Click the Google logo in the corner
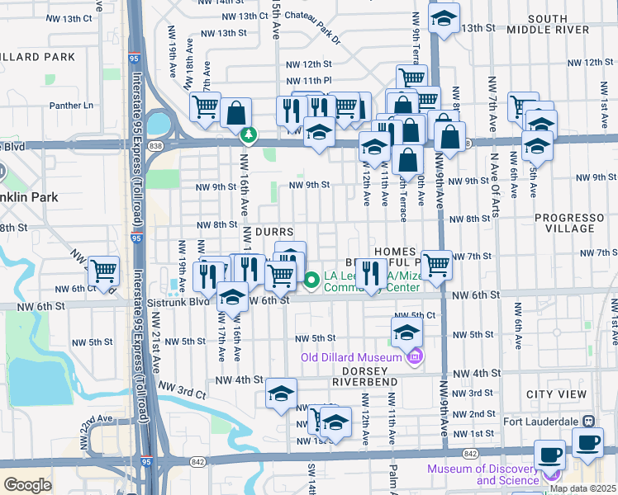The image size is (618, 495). [26, 485]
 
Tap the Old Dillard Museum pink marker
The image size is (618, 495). [415, 356]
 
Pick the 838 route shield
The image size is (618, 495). [158, 144]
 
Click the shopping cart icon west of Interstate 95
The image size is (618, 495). [104, 271]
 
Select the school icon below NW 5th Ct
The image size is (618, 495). [406, 332]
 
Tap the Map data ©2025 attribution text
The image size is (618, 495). [582, 488]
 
